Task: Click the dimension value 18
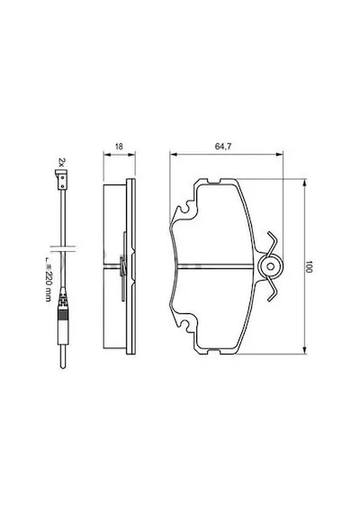coord(119,147)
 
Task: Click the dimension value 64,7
coord(223,147)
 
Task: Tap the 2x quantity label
coord(62,162)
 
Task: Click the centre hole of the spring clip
coord(270,266)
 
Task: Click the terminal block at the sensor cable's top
coord(61,180)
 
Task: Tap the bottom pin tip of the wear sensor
coord(63,367)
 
